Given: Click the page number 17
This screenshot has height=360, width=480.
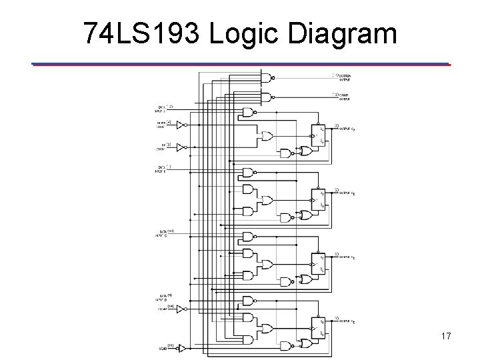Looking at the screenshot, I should coord(445,336).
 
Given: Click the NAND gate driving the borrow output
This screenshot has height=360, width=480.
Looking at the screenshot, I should coord(267,77).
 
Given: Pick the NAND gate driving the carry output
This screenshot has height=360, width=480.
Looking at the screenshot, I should coord(267,97).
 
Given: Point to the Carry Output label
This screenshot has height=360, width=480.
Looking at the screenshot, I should coord(345,97).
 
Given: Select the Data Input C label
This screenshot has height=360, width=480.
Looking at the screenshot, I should coord(163,233).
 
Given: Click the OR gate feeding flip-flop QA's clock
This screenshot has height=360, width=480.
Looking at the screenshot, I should coord(267,136).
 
